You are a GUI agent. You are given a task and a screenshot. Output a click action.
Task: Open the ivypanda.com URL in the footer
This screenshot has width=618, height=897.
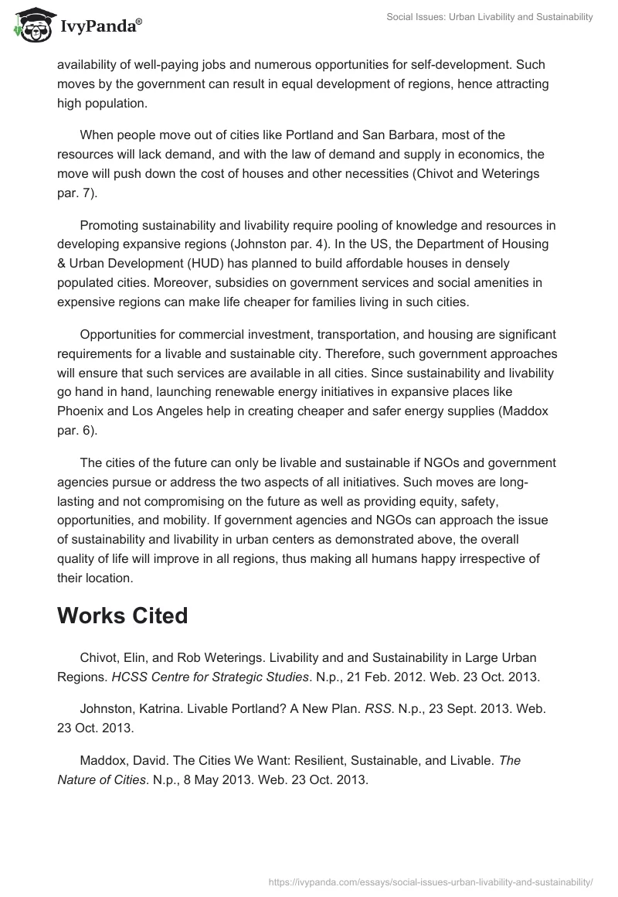pos(430,881)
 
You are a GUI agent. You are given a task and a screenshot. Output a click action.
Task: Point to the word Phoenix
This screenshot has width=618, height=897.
pos(82,411)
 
